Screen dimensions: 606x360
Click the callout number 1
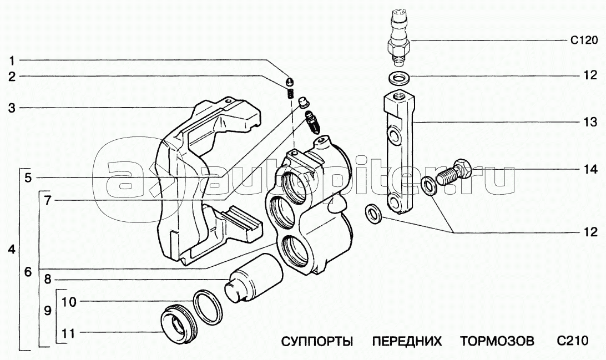12,60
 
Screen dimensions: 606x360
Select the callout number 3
12,108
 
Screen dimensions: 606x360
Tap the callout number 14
590,169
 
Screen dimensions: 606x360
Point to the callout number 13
590,122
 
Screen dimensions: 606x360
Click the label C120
584,40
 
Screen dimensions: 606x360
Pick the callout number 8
47,279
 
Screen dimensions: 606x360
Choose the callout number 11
68,333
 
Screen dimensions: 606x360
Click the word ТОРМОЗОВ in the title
497,341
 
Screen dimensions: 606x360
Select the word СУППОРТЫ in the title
317,341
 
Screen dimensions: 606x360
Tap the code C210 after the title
573,341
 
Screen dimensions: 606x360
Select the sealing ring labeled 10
207,307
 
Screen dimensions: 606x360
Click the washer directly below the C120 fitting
399,78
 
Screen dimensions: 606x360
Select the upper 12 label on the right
590,75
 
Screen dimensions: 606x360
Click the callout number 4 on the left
12,250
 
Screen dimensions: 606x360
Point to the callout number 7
47,201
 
